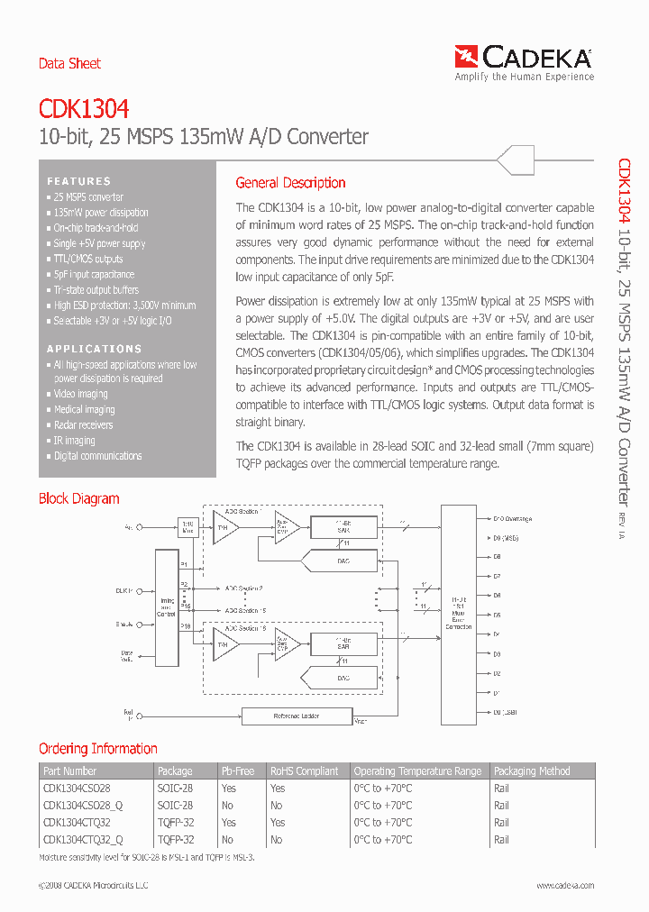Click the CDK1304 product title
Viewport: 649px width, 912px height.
click(x=84, y=109)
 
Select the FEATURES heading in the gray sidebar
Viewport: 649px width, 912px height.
click(x=79, y=181)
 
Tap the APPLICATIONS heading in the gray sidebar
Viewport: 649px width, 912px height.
click(x=95, y=349)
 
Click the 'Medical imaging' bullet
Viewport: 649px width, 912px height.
click(x=84, y=409)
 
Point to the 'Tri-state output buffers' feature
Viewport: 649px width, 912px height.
click(x=96, y=290)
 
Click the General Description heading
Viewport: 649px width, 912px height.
click(x=290, y=183)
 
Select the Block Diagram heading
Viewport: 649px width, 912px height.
click(x=78, y=498)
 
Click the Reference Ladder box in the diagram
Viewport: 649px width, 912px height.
click(x=297, y=716)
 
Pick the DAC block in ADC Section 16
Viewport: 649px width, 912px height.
click(x=343, y=677)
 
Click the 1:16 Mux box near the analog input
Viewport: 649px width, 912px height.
click(x=187, y=526)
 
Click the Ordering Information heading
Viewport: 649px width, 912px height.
click(x=97, y=749)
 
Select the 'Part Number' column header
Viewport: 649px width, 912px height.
click(x=69, y=771)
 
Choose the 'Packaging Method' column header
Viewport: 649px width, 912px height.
click(x=532, y=771)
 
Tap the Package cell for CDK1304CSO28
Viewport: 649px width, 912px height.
click(x=175, y=788)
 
